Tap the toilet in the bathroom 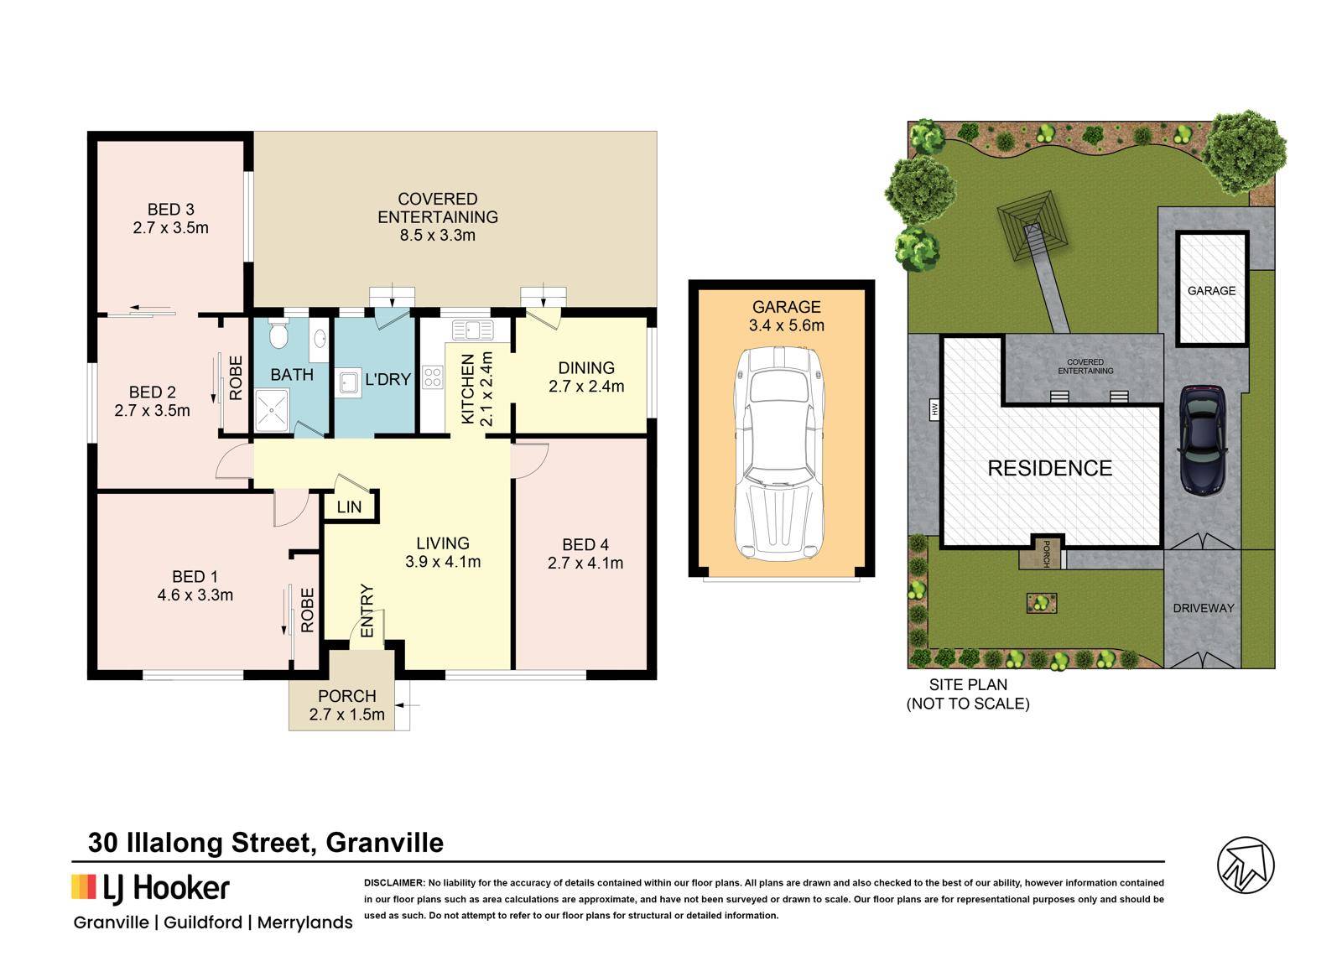278,334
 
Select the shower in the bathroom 272,410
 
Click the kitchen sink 473,330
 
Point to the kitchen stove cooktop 433,377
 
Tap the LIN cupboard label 349,507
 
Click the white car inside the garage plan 779,454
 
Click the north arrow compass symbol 1246,865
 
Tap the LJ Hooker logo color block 84,886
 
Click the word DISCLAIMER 394,882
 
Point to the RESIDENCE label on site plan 1049,468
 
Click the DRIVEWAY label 1204,608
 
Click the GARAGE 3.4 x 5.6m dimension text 787,325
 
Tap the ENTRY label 367,611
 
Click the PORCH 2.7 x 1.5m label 347,705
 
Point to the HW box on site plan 934,409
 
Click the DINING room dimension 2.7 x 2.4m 586,387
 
